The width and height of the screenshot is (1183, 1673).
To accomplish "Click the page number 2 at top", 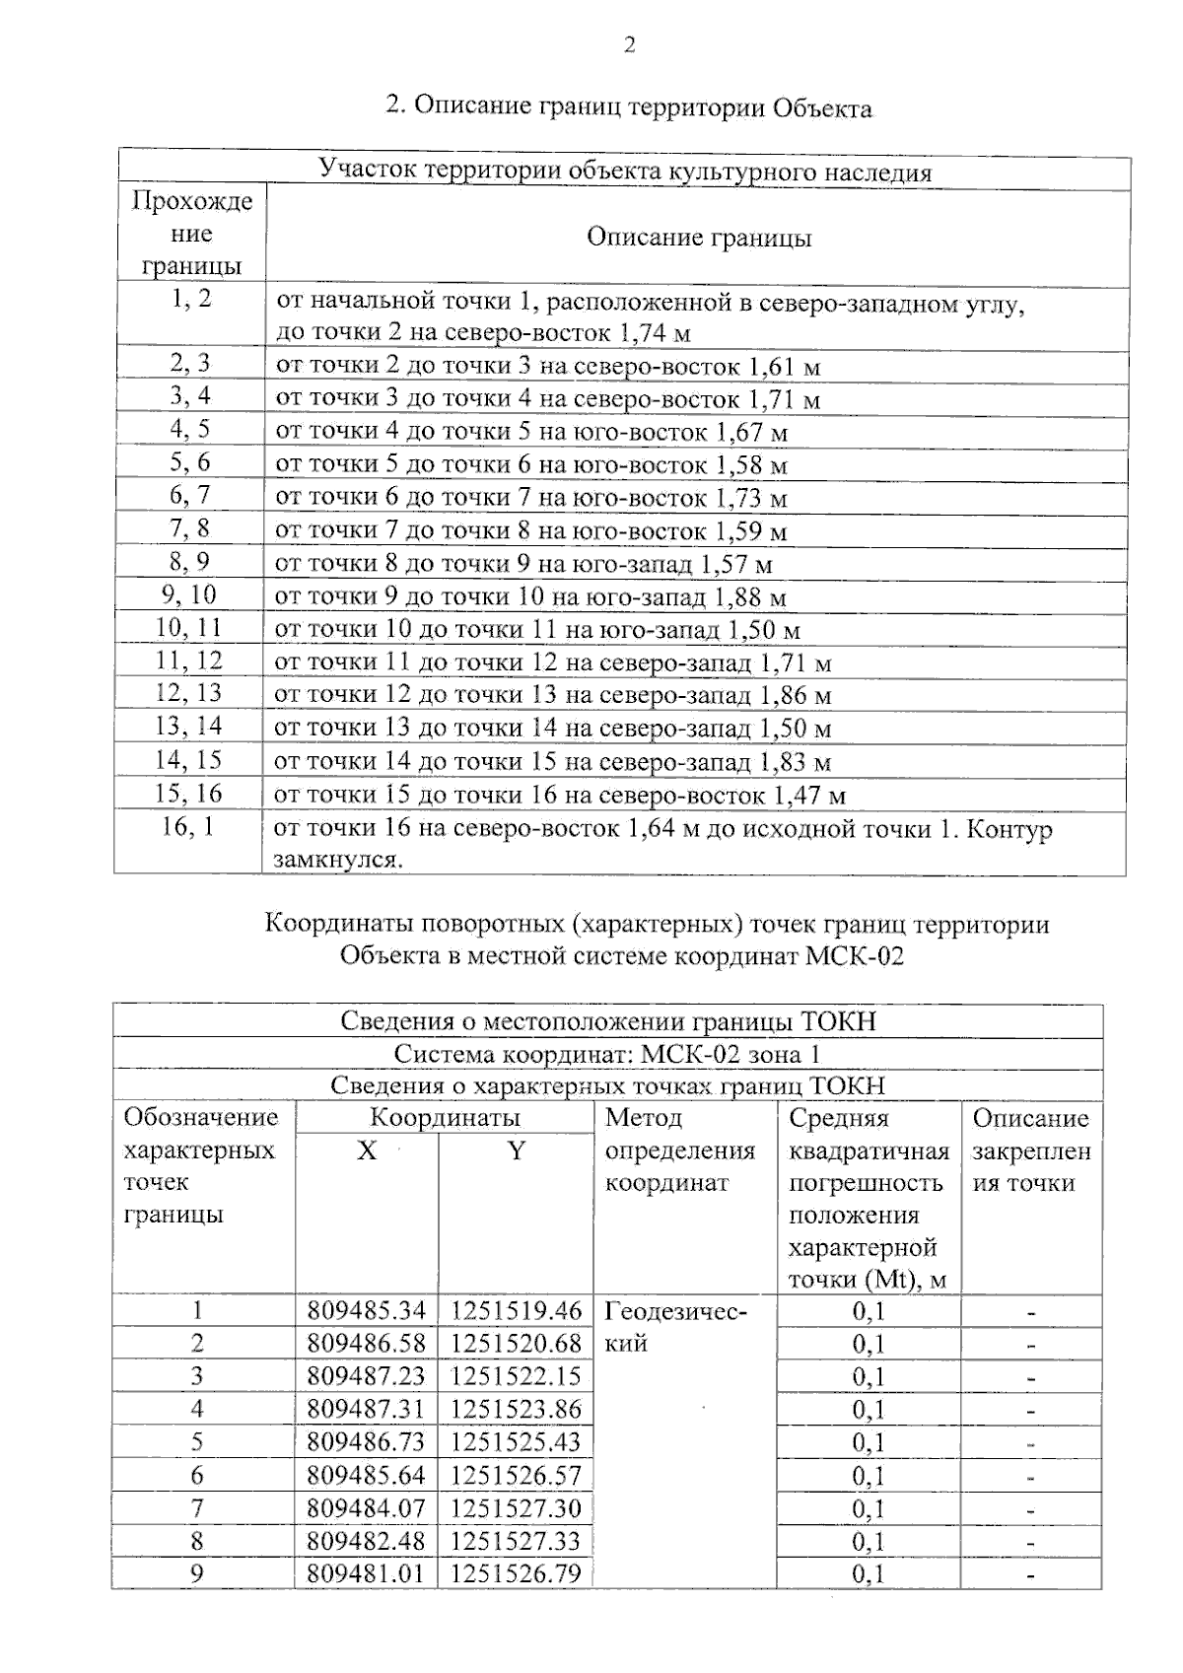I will tap(630, 44).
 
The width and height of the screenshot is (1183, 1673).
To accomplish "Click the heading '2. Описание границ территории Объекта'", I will tap(629, 106).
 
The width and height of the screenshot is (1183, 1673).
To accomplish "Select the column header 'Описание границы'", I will tap(699, 237).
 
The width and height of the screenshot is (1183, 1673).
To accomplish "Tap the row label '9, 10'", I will tap(189, 594).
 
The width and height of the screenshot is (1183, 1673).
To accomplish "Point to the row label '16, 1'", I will tap(188, 826).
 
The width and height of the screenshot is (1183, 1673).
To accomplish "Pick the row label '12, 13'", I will tap(189, 693).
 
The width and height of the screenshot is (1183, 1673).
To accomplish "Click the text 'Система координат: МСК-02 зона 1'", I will tap(607, 1054).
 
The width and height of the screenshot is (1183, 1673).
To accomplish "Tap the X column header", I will tap(367, 1150).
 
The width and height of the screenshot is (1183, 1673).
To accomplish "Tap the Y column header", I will tap(516, 1150).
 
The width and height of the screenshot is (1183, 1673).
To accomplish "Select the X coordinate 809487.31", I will tap(366, 1409).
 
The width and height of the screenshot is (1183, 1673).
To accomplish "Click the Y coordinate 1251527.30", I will tap(516, 1507).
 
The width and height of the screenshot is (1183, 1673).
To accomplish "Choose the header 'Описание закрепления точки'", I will tap(1031, 1150).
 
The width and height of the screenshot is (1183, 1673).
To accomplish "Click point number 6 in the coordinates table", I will tap(197, 1475).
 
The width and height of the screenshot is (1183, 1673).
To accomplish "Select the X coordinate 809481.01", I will tap(366, 1572).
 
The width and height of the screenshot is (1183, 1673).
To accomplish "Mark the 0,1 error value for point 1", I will tap(869, 1311).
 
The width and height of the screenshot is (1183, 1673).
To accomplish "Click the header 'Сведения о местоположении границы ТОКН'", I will tap(607, 1021).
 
